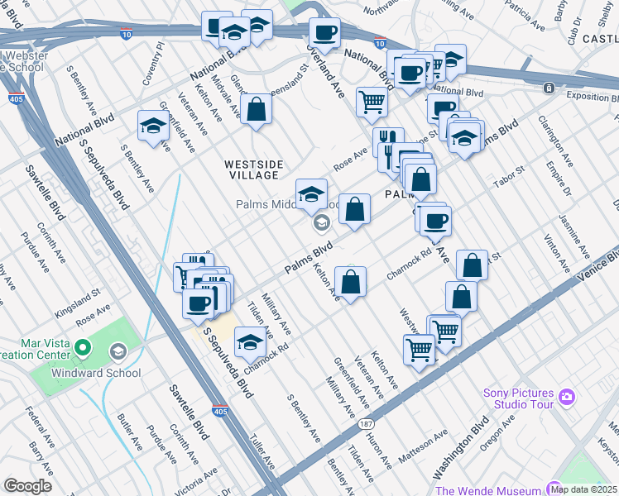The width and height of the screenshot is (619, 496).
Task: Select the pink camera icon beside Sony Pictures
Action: point(566,397)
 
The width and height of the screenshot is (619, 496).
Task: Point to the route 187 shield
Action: point(365,423)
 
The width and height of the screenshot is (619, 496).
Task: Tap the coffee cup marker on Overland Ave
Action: point(324,34)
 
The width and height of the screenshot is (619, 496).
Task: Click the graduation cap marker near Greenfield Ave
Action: point(153,126)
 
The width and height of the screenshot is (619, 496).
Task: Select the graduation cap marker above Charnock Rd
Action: point(251,341)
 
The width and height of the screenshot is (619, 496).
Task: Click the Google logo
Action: point(27,485)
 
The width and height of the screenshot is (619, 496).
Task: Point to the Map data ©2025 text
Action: point(583,489)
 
